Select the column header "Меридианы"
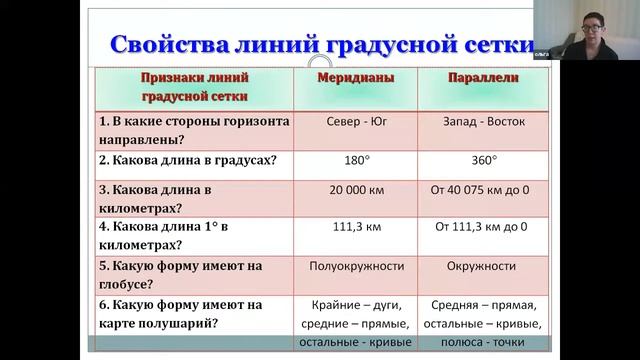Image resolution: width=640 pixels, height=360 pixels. pyautogui.click(x=356, y=78)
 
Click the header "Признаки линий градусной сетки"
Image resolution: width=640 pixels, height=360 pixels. pyautogui.click(x=195, y=87)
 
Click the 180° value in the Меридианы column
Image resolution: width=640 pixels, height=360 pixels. pyautogui.click(x=356, y=159)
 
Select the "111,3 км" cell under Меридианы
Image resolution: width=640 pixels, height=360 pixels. pyautogui.click(x=356, y=227)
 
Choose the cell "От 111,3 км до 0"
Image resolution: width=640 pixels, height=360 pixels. pyautogui.click(x=480, y=227)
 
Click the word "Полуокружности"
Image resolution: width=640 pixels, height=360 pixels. pyautogui.click(x=357, y=266)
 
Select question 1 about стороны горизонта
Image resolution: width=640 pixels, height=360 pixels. pyautogui.click(x=194, y=131)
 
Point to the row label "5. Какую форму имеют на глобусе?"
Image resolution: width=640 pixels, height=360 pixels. pyautogui.click(x=180, y=275)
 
